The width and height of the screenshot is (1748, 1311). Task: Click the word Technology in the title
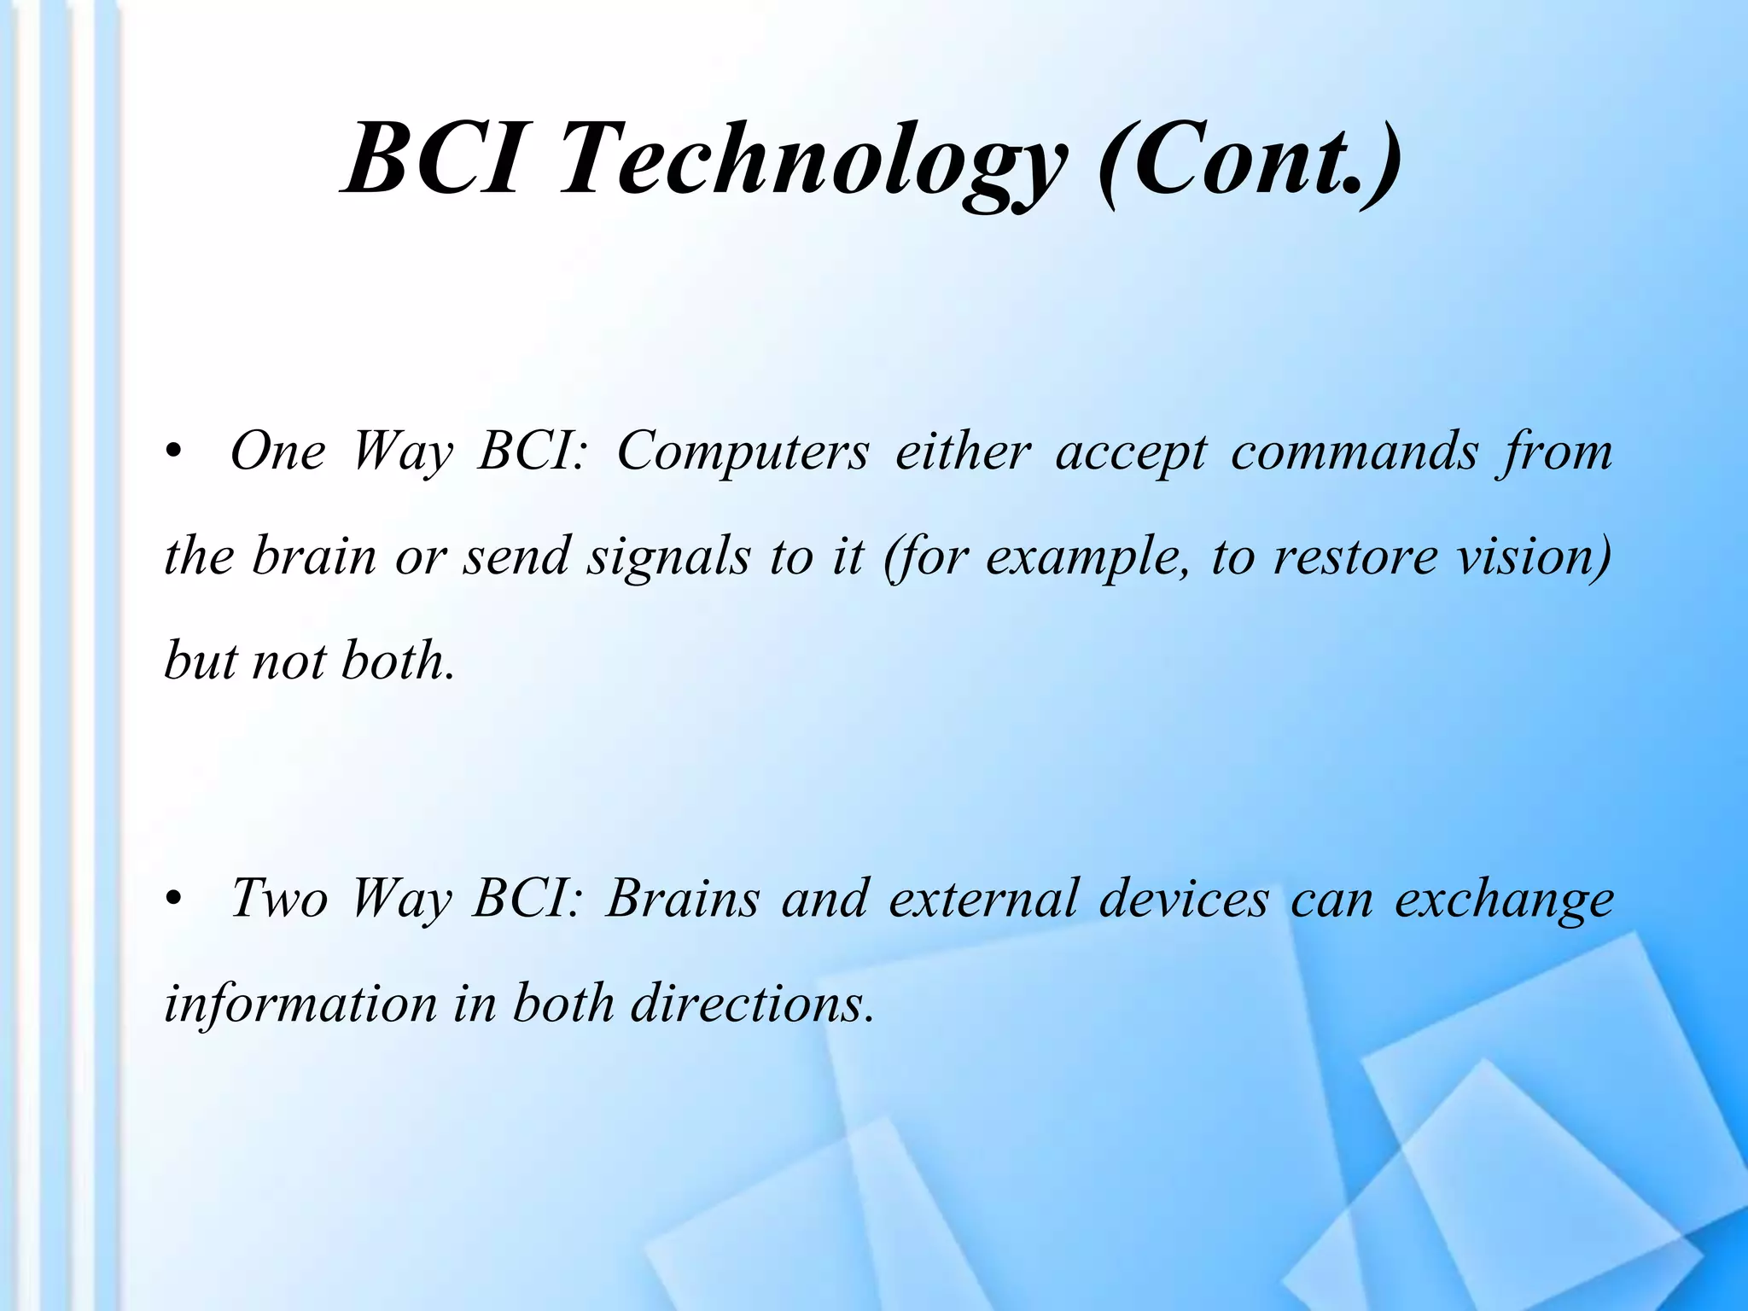pyautogui.click(x=811, y=160)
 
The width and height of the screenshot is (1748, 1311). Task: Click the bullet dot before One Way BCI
pyautogui.click(x=174, y=453)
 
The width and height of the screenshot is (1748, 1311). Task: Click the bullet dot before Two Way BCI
pyautogui.click(x=174, y=900)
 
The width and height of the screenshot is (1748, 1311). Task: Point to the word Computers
pyautogui.click(x=742, y=452)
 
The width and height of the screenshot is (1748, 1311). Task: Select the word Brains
pyautogui.click(x=682, y=899)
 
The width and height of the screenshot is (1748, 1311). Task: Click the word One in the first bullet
pyautogui.click(x=278, y=452)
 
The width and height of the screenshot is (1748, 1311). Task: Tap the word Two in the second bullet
pyautogui.click(x=279, y=899)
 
